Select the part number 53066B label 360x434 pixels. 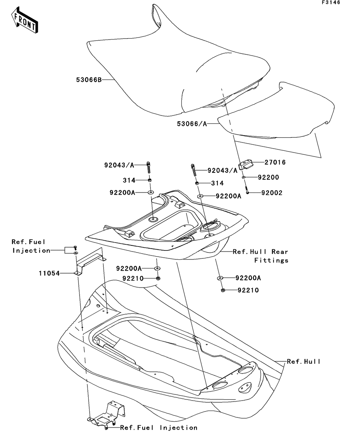coord(89,80)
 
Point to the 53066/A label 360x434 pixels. coord(192,124)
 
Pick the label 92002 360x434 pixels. coord(272,193)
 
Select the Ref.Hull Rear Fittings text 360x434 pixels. coord(261,256)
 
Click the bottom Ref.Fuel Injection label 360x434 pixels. coord(159,428)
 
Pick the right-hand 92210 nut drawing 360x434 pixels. coord(222,290)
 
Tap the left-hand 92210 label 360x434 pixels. coord(133,278)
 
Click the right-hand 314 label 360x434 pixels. coord(217,183)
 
